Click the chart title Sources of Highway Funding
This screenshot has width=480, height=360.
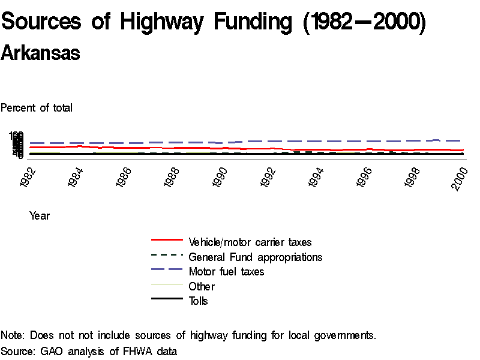tap(213, 22)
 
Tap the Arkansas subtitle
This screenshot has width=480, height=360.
tap(40, 53)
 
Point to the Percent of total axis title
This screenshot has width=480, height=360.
tap(37, 108)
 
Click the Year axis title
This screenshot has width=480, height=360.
tap(40, 216)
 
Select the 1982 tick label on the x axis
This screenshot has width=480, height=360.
tap(28, 178)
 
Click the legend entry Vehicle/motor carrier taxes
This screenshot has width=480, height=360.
tap(250, 242)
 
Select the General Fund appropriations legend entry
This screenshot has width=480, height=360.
tap(255, 257)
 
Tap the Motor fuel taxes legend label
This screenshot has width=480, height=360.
tap(226, 272)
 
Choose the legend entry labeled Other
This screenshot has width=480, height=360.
tap(202, 287)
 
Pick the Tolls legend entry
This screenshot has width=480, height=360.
tap(199, 301)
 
